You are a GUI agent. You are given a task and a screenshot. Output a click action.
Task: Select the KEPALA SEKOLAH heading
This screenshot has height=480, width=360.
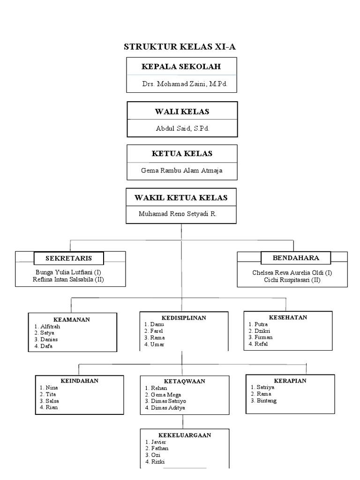181,67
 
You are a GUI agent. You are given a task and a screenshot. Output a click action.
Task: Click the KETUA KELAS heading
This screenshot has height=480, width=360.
182,154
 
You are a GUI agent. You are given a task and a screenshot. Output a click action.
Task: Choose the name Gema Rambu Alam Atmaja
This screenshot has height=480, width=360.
182,170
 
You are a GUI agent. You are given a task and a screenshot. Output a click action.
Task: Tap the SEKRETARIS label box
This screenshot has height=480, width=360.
68,258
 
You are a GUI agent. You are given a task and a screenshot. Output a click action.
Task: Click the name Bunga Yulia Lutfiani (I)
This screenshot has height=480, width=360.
68,272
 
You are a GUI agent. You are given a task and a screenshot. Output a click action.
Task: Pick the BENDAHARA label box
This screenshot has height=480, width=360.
296,258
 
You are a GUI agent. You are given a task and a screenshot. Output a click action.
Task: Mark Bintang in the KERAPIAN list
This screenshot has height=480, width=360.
266,401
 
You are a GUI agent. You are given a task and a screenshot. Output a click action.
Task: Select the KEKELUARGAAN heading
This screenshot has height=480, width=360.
184,435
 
